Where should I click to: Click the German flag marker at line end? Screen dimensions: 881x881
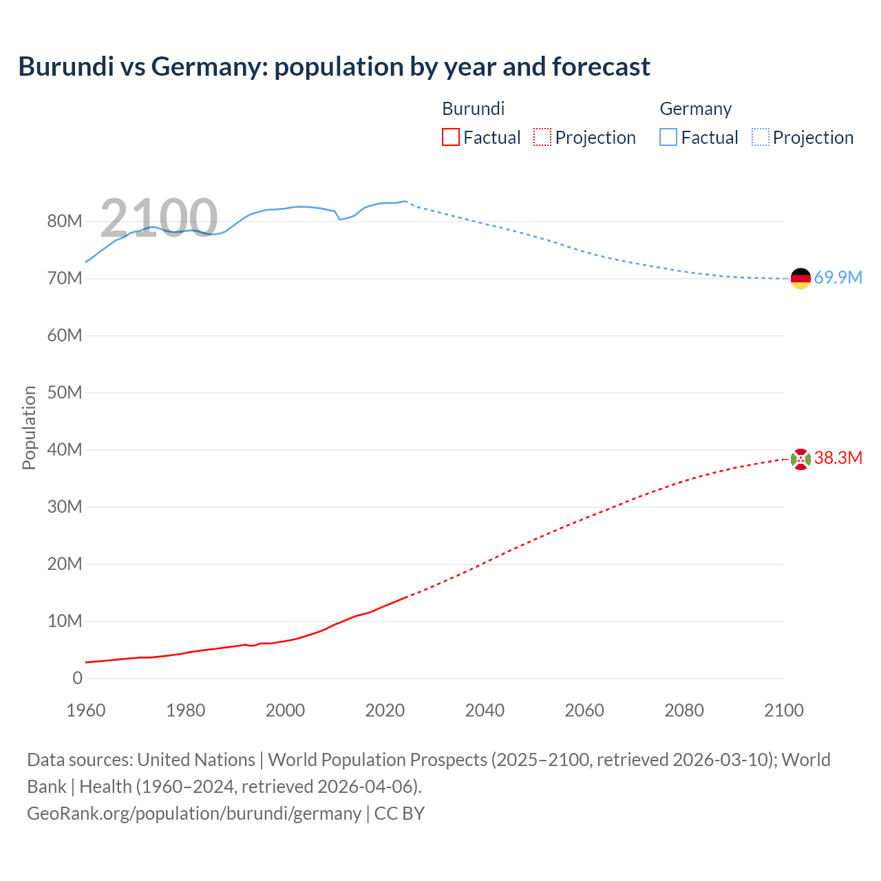(x=800, y=279)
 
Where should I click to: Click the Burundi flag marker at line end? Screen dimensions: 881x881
(x=800, y=459)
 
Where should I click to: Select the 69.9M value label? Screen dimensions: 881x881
(x=838, y=278)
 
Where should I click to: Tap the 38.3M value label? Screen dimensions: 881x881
(x=838, y=458)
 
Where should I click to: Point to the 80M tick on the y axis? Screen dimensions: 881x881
(x=65, y=222)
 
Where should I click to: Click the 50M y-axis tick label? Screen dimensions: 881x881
(x=65, y=393)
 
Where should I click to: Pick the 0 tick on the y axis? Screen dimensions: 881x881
(x=77, y=679)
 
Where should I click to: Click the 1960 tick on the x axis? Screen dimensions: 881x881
(x=86, y=710)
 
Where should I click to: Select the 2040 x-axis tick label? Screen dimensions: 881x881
(x=485, y=710)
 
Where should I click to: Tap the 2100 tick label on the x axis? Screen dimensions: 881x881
(x=783, y=710)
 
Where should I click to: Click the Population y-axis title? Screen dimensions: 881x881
(x=29, y=427)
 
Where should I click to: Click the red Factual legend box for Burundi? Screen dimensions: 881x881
(x=450, y=138)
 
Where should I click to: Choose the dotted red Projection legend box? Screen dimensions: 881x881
(x=542, y=138)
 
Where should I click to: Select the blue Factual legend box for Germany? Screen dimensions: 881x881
(x=668, y=138)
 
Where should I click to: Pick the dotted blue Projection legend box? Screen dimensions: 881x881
(x=761, y=138)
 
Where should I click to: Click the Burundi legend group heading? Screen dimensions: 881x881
(x=473, y=109)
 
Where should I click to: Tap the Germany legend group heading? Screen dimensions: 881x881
(x=695, y=109)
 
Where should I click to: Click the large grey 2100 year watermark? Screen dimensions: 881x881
(x=159, y=218)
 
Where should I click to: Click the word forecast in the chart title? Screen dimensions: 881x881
(x=601, y=67)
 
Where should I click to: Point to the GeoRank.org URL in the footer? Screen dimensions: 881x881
(x=194, y=814)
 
